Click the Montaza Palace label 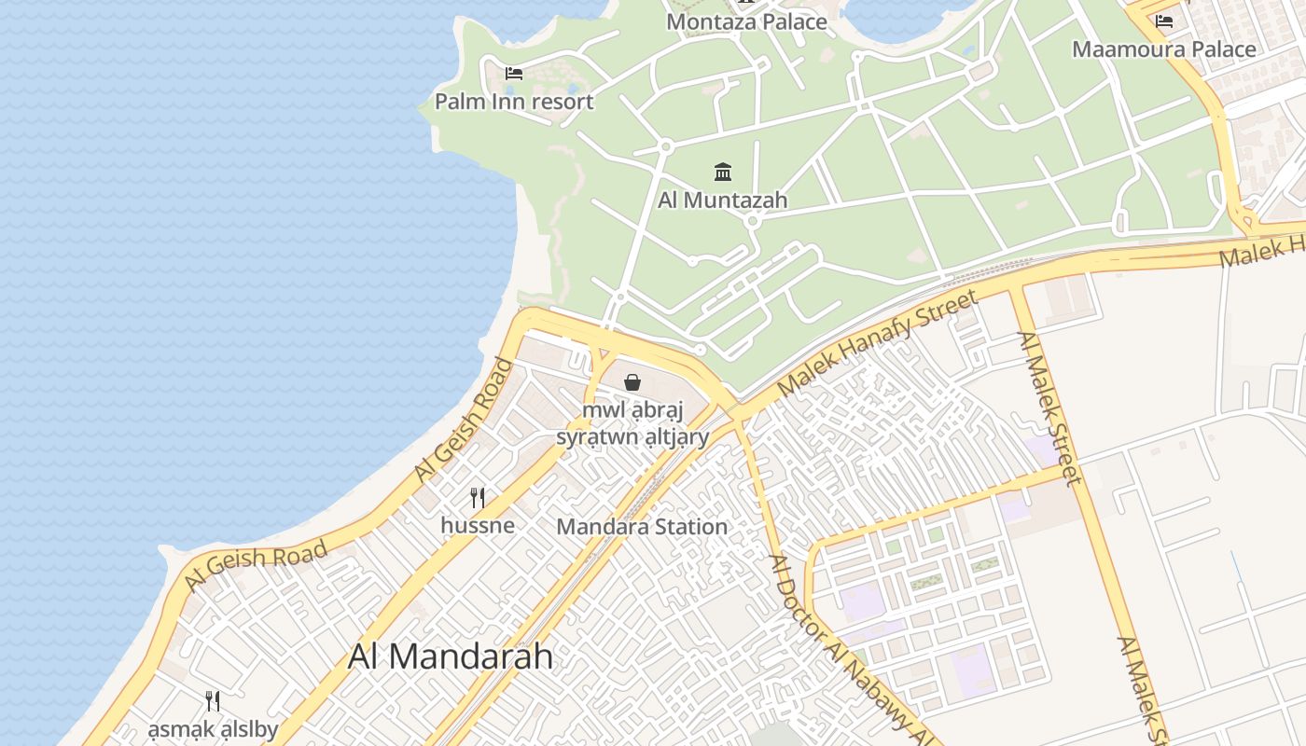click(746, 21)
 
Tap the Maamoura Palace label click(1163, 49)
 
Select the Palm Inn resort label click(514, 101)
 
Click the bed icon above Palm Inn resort click(514, 73)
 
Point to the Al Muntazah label click(722, 200)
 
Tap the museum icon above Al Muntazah click(723, 172)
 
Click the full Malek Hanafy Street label click(877, 342)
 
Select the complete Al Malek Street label click(1049, 408)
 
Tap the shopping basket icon click(632, 382)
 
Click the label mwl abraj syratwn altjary click(632, 423)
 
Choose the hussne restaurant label click(478, 525)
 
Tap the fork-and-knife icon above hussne click(478, 497)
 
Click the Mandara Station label click(642, 527)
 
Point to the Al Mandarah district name click(450, 656)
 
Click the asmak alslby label click(213, 729)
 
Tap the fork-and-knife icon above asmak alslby click(213, 701)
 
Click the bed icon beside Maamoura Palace click(1163, 21)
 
